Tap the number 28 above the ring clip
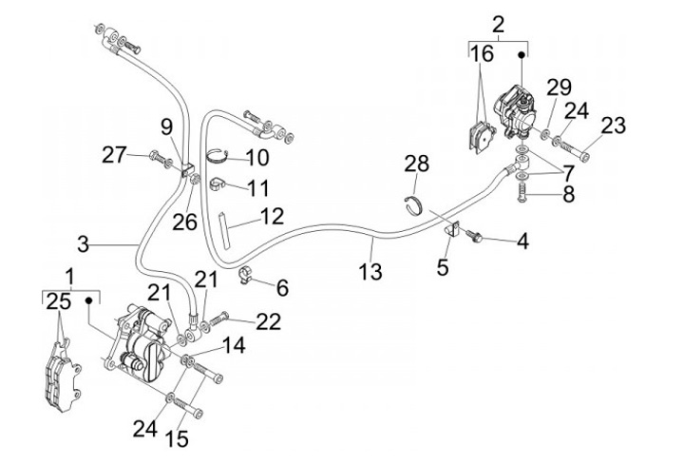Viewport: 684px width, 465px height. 418,164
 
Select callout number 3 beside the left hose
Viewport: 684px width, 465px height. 84,244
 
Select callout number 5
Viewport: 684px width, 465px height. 443,267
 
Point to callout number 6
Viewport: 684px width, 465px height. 281,286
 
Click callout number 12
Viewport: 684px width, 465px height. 272,217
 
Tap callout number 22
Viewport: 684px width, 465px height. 268,321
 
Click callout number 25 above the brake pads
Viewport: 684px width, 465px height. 58,302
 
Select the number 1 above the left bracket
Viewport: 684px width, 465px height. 68,276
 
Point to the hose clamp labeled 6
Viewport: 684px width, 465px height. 246,276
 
